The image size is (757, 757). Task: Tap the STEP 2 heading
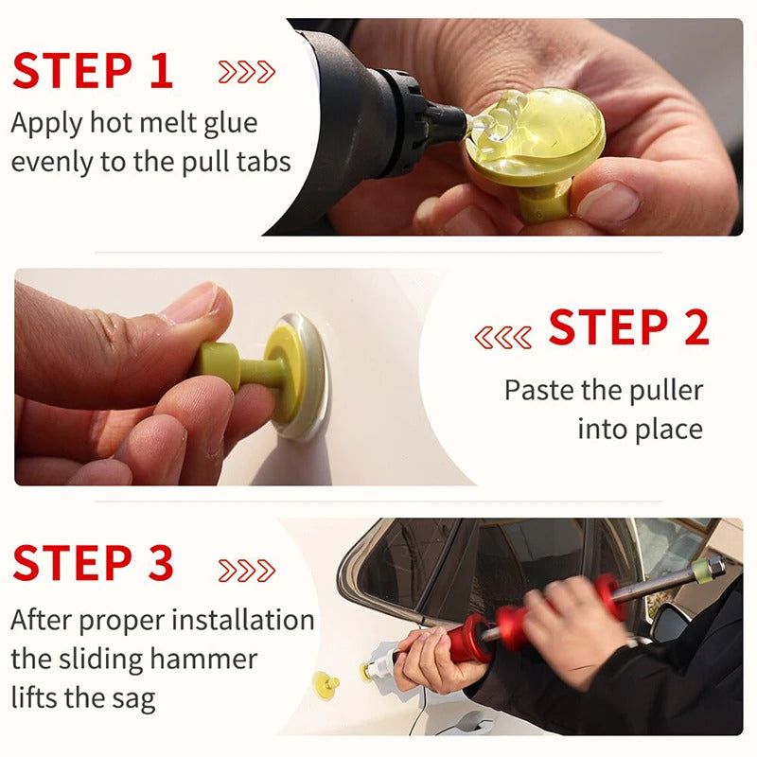[628, 327]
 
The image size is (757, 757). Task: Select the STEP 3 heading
[93, 563]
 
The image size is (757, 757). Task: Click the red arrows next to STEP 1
[246, 72]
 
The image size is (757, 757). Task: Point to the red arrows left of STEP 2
[502, 336]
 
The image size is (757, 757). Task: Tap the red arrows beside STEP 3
[246, 571]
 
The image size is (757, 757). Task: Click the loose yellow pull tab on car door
[326, 680]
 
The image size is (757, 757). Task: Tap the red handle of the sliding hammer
[473, 638]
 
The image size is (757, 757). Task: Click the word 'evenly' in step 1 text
[51, 162]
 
